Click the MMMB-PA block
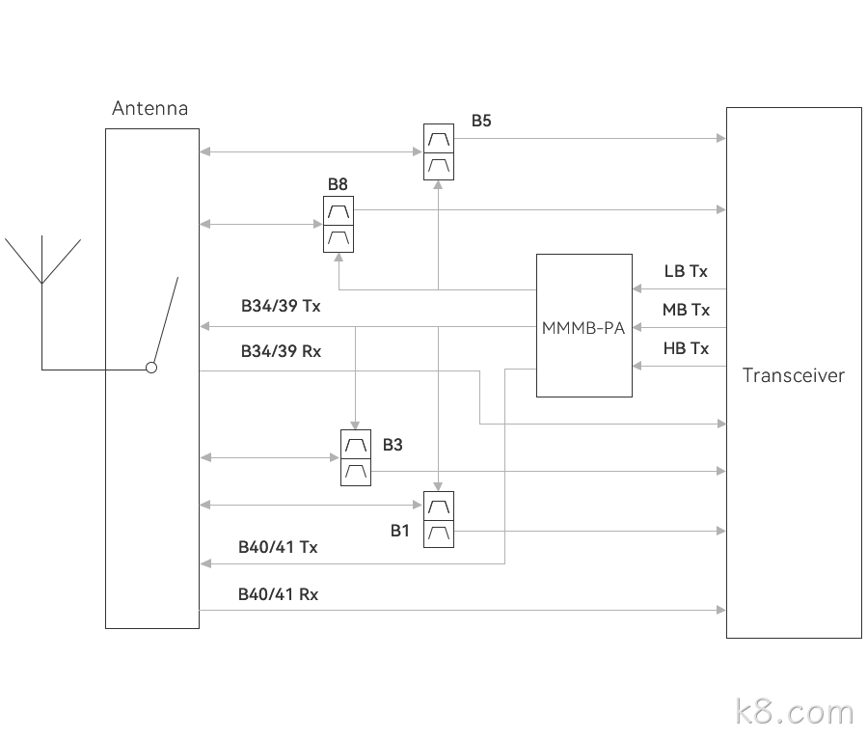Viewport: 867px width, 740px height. point(583,325)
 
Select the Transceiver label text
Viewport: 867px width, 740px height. point(794,375)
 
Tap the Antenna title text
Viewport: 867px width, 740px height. point(149,108)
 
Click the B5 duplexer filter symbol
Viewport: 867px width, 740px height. point(439,151)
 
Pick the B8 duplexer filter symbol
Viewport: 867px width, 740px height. point(339,224)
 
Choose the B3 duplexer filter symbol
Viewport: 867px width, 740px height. point(356,457)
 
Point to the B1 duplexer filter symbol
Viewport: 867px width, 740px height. point(439,519)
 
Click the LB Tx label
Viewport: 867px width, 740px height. point(686,271)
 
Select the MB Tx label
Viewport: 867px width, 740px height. point(686,311)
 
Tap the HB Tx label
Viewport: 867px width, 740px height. point(686,348)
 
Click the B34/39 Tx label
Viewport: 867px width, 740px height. point(281,306)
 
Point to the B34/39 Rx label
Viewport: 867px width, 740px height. point(281,351)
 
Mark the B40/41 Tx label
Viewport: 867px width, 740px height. point(278,547)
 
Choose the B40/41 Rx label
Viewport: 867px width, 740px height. point(278,594)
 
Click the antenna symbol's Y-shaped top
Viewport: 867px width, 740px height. point(42,260)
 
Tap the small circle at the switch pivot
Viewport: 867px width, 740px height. point(151,368)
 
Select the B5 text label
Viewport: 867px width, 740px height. point(481,121)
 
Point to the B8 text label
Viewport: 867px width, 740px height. point(338,184)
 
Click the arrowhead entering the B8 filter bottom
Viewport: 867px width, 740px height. point(339,258)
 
